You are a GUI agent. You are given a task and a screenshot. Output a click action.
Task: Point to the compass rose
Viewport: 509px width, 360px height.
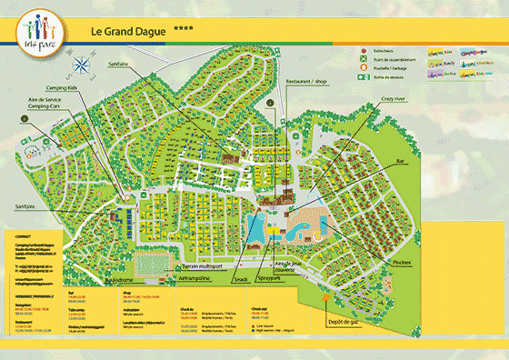pyautogui.click(x=85, y=65)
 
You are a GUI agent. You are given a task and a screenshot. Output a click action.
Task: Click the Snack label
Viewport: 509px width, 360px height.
pyautogui.click(x=241, y=280)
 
